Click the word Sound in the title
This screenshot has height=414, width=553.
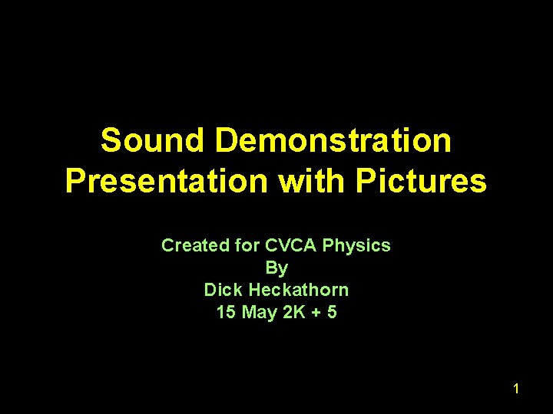151,141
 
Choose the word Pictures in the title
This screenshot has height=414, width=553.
421,182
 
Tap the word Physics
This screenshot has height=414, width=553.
356,246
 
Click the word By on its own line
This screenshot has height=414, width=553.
276,268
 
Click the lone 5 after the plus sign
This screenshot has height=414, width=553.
331,313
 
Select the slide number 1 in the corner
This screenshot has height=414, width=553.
516,389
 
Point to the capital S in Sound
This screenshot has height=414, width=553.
111,141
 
